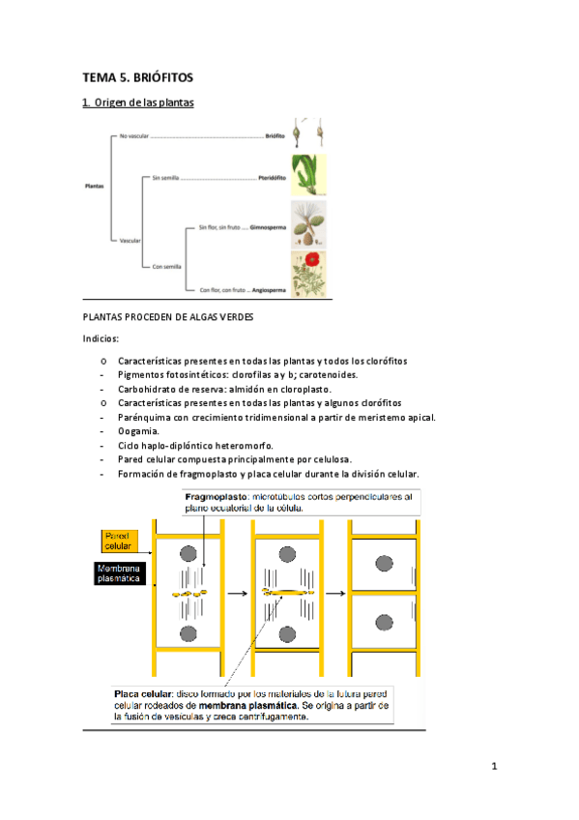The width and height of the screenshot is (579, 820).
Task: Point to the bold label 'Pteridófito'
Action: click(x=269, y=180)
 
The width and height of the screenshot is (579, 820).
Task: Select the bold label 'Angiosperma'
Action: click(x=268, y=289)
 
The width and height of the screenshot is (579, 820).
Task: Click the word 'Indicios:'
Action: click(x=101, y=339)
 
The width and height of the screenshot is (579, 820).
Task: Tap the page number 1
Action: click(x=494, y=768)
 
